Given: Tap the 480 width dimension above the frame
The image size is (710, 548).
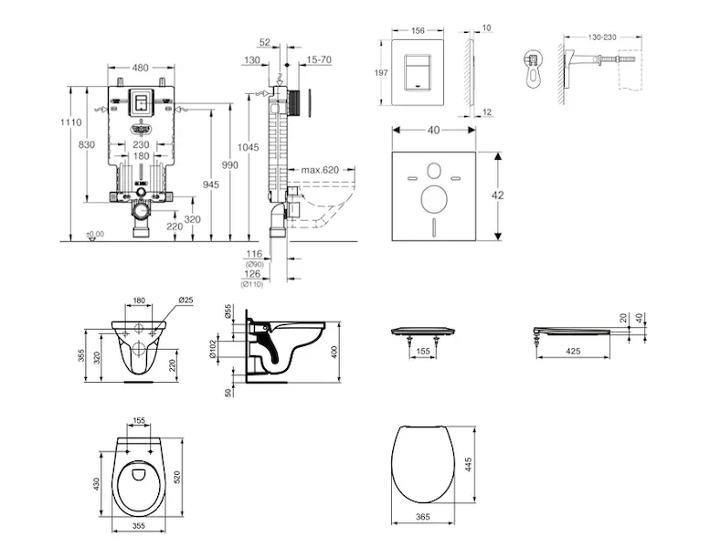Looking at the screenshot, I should click(140, 67).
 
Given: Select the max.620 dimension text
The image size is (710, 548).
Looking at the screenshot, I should click(318, 170).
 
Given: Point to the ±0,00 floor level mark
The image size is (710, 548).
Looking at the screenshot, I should click(94, 235).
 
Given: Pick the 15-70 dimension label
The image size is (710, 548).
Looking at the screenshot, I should click(320, 59).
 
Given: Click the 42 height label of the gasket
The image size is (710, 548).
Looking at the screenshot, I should click(510, 194).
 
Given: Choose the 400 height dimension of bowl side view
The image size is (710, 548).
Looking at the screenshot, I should click(335, 352).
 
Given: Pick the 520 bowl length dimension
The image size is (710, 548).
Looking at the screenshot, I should click(190, 473).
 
